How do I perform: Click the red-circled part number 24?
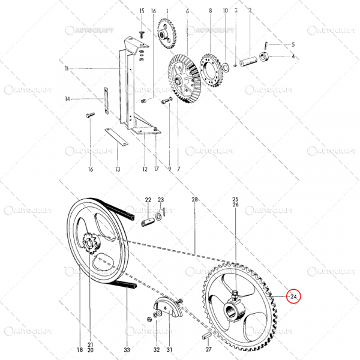[x=293, y=296]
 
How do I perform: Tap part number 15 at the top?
[x=142, y=11]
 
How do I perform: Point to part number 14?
[x=68, y=99]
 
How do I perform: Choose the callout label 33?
[x=127, y=349]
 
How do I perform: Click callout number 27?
[x=209, y=349]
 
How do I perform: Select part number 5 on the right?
[x=293, y=45]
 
